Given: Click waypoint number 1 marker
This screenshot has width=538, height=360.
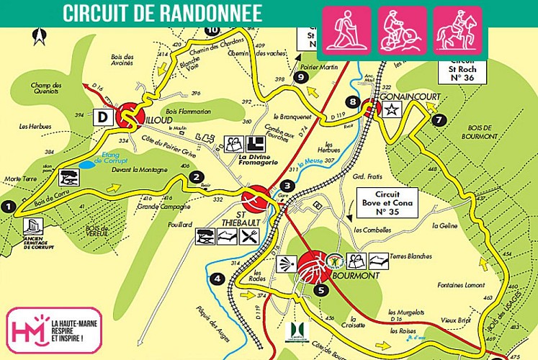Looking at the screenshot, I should click(8, 207).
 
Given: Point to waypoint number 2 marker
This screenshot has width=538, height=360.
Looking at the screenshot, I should click(194, 177).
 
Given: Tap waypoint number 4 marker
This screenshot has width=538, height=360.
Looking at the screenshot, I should click(218, 279).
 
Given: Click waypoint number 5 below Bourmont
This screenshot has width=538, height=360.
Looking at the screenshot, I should click(320, 291).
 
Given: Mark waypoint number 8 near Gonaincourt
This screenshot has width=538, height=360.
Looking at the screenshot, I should click(351, 102).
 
